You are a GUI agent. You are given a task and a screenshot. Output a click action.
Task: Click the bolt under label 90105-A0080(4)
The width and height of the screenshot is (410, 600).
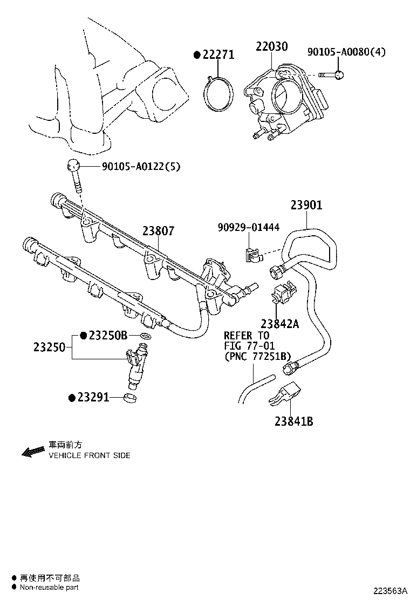click(329, 74)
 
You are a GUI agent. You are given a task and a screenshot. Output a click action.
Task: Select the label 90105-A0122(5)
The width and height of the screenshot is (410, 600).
click(141, 167)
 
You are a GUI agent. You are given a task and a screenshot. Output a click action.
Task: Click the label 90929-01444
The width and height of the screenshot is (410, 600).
click(248, 227)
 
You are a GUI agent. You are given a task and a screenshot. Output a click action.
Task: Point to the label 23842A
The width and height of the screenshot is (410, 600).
click(279, 324)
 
